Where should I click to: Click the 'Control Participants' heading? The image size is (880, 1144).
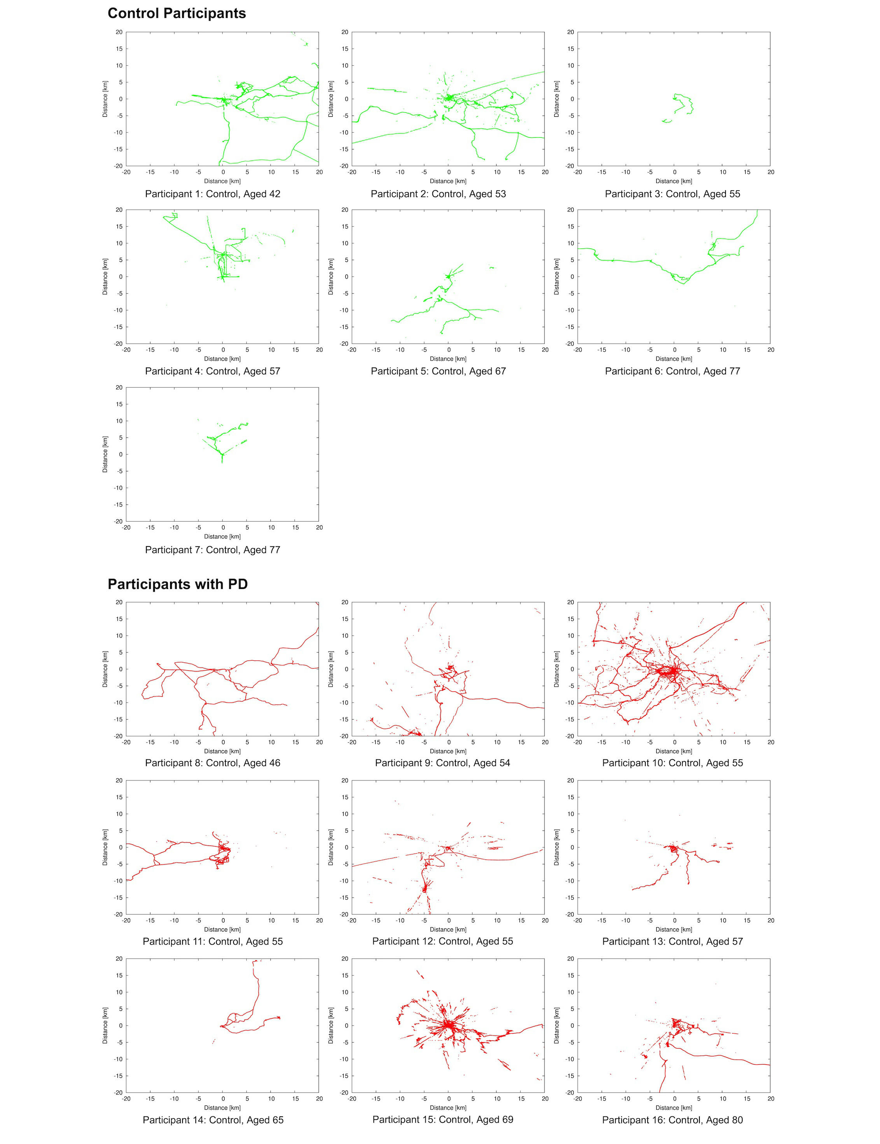(177, 14)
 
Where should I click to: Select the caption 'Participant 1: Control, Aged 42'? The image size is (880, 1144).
(213, 194)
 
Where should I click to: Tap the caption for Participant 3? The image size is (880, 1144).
(673, 194)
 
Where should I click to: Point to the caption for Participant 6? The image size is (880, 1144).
(673, 371)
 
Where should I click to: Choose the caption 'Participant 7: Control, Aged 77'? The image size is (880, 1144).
(213, 550)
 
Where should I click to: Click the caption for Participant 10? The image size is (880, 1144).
(673, 763)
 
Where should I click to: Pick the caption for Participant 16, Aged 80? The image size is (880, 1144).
(673, 1120)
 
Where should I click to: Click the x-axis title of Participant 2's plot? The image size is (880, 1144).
(448, 181)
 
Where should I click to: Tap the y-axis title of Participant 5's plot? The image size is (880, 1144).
(331, 277)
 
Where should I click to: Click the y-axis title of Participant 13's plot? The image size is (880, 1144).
(557, 847)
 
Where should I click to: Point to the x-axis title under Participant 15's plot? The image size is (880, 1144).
(448, 1107)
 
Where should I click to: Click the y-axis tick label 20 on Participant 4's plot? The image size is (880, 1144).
(119, 210)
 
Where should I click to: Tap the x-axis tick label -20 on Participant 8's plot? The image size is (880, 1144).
(126, 742)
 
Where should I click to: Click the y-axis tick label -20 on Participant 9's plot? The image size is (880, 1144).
(344, 736)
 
